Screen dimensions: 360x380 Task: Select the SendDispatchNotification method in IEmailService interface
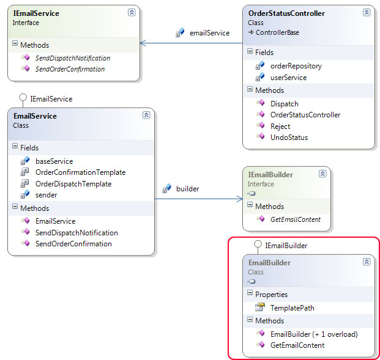(72, 58)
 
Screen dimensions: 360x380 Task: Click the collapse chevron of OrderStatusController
(366, 12)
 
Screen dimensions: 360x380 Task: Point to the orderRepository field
(296, 66)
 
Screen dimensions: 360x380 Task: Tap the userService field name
(288, 78)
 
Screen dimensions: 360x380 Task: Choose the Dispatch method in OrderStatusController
(284, 104)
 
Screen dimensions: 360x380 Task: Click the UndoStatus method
(289, 138)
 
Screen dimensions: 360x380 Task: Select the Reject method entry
(280, 126)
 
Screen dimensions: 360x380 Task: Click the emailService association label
(209, 32)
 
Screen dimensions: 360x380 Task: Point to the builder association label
(187, 188)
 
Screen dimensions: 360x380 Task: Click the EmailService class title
(34, 116)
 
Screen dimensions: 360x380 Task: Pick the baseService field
(54, 161)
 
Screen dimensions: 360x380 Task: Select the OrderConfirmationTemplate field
(80, 172)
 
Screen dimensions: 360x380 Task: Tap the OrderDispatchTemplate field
(73, 184)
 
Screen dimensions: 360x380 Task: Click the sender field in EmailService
(46, 195)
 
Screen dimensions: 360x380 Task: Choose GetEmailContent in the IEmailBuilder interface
(296, 219)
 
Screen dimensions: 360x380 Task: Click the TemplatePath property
(292, 307)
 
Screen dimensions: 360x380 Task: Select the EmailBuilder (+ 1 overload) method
(314, 334)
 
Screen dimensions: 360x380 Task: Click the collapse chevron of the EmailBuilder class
(366, 262)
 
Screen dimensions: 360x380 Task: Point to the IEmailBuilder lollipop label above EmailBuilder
(286, 245)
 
